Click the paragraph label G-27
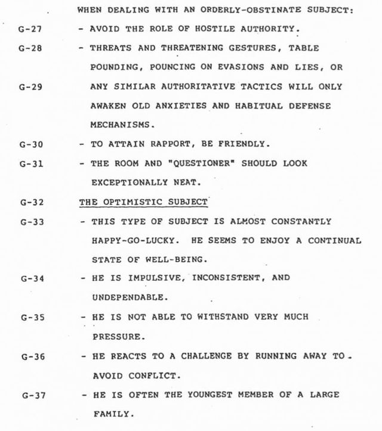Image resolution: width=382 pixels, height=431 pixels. [x=29, y=30]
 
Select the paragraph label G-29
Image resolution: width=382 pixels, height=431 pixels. [x=29, y=86]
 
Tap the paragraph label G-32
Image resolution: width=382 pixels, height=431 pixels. [x=29, y=203]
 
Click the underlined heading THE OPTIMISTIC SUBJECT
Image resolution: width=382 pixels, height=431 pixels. [x=143, y=201]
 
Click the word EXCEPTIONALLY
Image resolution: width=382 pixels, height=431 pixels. [x=124, y=183]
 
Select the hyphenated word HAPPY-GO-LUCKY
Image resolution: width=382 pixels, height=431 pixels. [x=126, y=241]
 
